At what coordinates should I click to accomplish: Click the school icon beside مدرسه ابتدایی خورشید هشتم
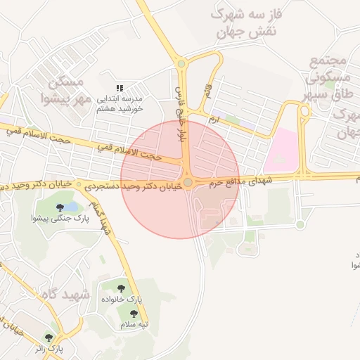point(120,88)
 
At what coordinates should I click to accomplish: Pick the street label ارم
point(212,120)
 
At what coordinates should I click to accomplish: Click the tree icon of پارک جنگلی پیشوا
point(60,207)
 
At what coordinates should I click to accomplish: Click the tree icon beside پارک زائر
point(49,337)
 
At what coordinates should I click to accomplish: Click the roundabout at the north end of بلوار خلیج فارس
point(181,64)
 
